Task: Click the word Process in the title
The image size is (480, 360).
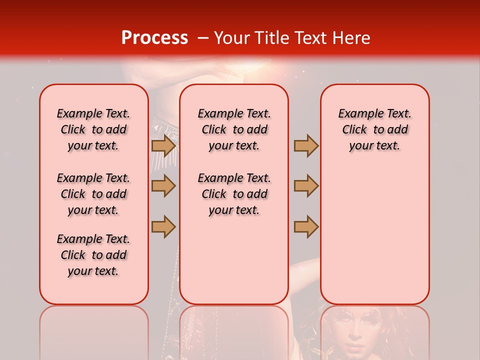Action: click(154, 38)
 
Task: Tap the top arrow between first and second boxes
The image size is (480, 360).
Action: click(163, 145)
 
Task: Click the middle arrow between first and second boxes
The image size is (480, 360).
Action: click(163, 186)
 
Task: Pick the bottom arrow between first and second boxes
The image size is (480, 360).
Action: click(163, 226)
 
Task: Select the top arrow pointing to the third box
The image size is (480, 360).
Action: click(306, 145)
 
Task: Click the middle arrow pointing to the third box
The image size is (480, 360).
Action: click(306, 186)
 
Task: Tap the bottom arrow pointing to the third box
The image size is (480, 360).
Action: click(306, 226)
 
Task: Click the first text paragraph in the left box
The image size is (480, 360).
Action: click(93, 129)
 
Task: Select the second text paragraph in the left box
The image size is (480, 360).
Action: click(93, 194)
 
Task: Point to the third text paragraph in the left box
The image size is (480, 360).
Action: click(93, 255)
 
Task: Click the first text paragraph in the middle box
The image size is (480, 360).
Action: click(234, 129)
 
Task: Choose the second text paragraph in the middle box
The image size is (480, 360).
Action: click(234, 194)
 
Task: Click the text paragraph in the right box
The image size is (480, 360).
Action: click(374, 129)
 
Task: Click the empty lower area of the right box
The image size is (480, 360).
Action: click(374, 235)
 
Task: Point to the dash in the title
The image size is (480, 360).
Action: click(203, 38)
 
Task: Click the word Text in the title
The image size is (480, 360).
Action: click(308, 38)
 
